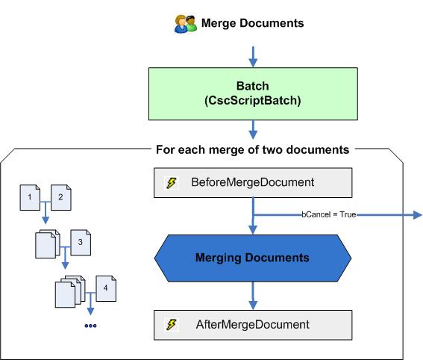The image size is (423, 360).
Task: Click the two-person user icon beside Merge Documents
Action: pos(184,24)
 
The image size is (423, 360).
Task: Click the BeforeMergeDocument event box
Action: pos(252,182)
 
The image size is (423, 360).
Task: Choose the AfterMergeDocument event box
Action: pos(252,325)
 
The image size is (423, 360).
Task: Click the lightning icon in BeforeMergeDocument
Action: pos(172,183)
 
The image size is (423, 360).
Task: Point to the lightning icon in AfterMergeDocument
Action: pos(172,326)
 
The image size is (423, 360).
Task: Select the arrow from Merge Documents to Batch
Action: pos(252,55)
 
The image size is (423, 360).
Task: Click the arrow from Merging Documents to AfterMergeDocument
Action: pos(252,299)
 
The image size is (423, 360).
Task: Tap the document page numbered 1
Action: pos(29,197)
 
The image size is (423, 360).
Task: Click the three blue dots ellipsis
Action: pos(90,326)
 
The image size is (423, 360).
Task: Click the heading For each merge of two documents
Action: pos(252,149)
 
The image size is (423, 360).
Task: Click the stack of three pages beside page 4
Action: pos(71,292)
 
